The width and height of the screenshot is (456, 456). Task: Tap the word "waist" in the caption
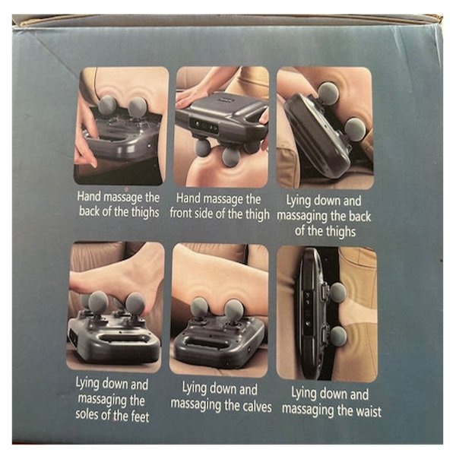[x=366, y=411]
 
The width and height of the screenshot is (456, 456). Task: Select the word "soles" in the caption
[x=89, y=414]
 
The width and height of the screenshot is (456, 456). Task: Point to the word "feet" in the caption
[x=140, y=416]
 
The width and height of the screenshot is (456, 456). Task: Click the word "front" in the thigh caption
[x=180, y=214]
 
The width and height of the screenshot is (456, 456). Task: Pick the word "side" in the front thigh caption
[x=203, y=214]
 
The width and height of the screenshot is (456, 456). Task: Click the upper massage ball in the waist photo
[x=337, y=292]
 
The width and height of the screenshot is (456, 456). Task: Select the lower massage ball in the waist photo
[x=338, y=335]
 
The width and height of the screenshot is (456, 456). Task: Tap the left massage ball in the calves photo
[x=200, y=307]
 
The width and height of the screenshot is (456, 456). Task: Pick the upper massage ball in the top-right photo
[x=328, y=93]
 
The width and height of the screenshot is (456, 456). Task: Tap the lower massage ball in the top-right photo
[x=355, y=130]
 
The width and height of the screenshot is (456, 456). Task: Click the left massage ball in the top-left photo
[x=107, y=106]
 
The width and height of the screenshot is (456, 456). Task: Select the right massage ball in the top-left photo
[x=138, y=106]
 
